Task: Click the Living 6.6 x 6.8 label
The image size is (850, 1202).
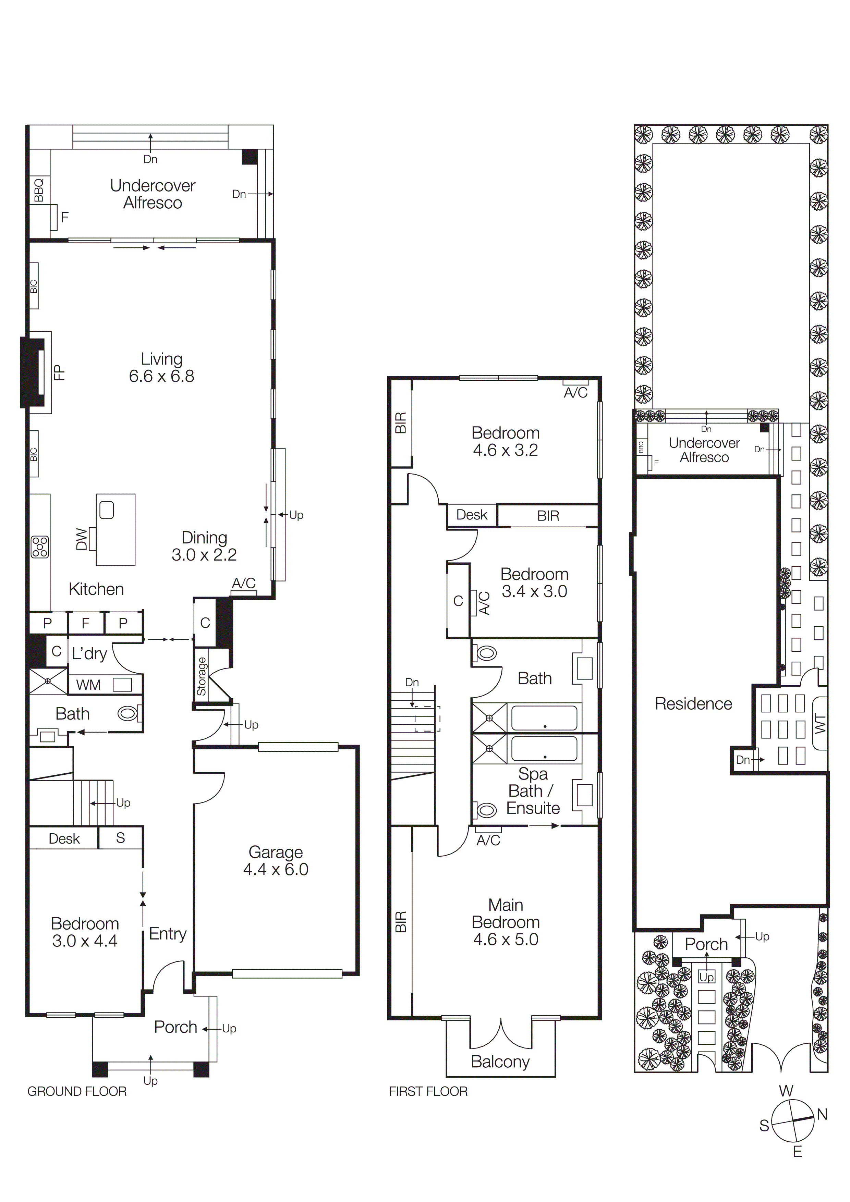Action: point(161,368)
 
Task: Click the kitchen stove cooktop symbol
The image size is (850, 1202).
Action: point(40,547)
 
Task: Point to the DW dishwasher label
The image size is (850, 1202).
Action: point(81,539)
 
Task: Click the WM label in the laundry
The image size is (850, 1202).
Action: point(88,685)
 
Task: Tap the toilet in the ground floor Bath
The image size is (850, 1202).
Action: point(128,713)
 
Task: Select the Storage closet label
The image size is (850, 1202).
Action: point(202,676)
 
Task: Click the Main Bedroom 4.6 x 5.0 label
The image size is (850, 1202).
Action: point(506,922)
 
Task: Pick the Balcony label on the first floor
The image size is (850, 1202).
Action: point(500,1062)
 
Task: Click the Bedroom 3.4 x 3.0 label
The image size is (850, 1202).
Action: point(534,583)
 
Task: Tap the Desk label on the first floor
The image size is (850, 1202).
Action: point(471,515)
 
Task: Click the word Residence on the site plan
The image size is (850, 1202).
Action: point(693,703)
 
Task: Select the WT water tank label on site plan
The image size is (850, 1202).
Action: point(819,724)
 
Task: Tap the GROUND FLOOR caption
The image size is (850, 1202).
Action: point(77,1092)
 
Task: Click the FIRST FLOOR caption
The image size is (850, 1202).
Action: point(428,1092)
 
